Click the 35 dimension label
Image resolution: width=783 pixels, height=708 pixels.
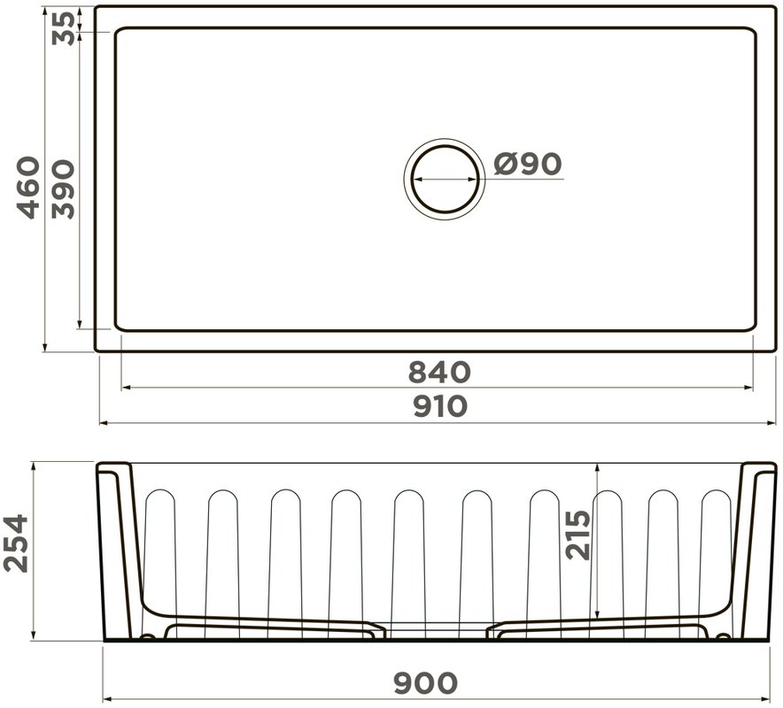[x=64, y=29]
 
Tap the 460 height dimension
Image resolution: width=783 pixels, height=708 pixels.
[x=27, y=188]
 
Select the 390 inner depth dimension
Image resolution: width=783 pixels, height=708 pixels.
[x=63, y=189]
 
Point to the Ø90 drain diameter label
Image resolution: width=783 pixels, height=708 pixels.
[x=528, y=164]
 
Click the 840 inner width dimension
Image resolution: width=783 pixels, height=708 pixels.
[x=439, y=373]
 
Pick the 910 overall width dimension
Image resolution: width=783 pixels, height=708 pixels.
[x=440, y=406]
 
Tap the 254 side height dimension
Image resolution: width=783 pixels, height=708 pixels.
[x=16, y=543]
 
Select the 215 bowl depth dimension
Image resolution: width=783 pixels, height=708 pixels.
[x=578, y=535]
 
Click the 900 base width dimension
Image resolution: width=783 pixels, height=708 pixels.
[x=425, y=683]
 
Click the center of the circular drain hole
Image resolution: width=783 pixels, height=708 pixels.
[x=445, y=179]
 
